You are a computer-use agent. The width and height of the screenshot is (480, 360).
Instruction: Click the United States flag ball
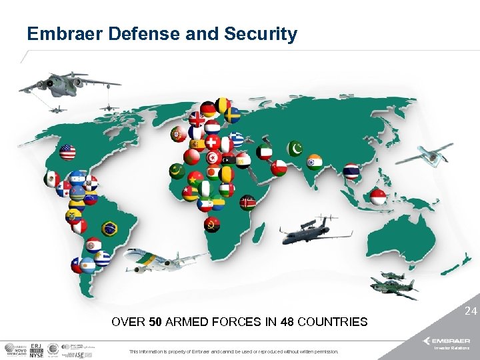(67, 153)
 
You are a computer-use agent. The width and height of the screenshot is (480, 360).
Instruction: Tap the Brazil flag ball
(109, 229)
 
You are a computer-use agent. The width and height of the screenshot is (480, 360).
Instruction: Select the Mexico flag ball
(51, 179)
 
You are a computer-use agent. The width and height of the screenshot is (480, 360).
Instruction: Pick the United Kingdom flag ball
(197, 119)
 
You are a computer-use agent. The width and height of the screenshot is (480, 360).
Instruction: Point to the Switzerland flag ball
(212, 143)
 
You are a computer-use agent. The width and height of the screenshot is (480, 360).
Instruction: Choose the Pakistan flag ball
(295, 147)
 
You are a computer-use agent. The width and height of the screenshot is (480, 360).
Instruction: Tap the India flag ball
(314, 161)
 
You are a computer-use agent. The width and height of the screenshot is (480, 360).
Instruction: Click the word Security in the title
(263, 34)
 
